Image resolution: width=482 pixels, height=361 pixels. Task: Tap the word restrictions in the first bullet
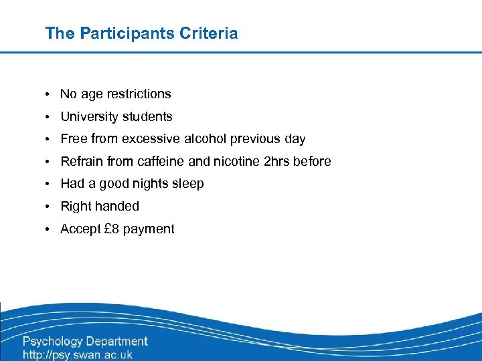pyautogui.click(x=137, y=94)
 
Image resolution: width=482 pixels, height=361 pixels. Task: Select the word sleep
pyautogui.click(x=188, y=184)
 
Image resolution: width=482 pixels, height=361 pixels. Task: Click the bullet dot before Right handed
pyautogui.click(x=50, y=207)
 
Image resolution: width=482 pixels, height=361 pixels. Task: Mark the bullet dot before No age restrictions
pyautogui.click(x=50, y=95)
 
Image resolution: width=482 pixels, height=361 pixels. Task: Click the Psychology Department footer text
pyautogui.click(x=85, y=342)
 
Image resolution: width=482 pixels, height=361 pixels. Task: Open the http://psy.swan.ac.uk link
pyautogui.click(x=78, y=355)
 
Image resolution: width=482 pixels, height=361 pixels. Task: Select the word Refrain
pyautogui.click(x=82, y=162)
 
